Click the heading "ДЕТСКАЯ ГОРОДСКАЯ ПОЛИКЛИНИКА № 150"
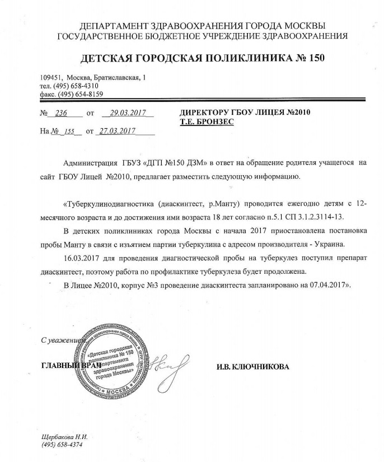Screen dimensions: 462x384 (x=203, y=58)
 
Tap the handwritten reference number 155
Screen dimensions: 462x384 (x=70, y=132)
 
